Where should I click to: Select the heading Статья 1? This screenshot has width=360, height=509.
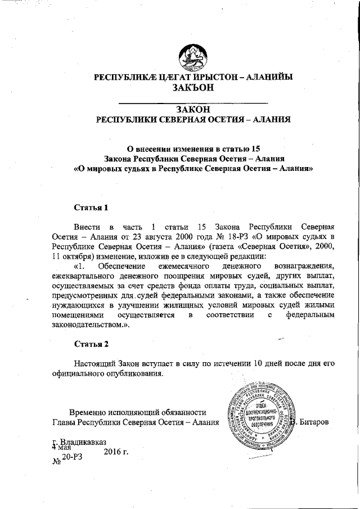tap(91, 208)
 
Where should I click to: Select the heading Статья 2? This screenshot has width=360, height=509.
tap(91, 342)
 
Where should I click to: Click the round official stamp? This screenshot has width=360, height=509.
tap(260, 416)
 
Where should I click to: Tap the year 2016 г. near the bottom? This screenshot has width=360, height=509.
tap(116, 449)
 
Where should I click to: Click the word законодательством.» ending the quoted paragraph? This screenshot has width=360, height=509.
tap(87, 327)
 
